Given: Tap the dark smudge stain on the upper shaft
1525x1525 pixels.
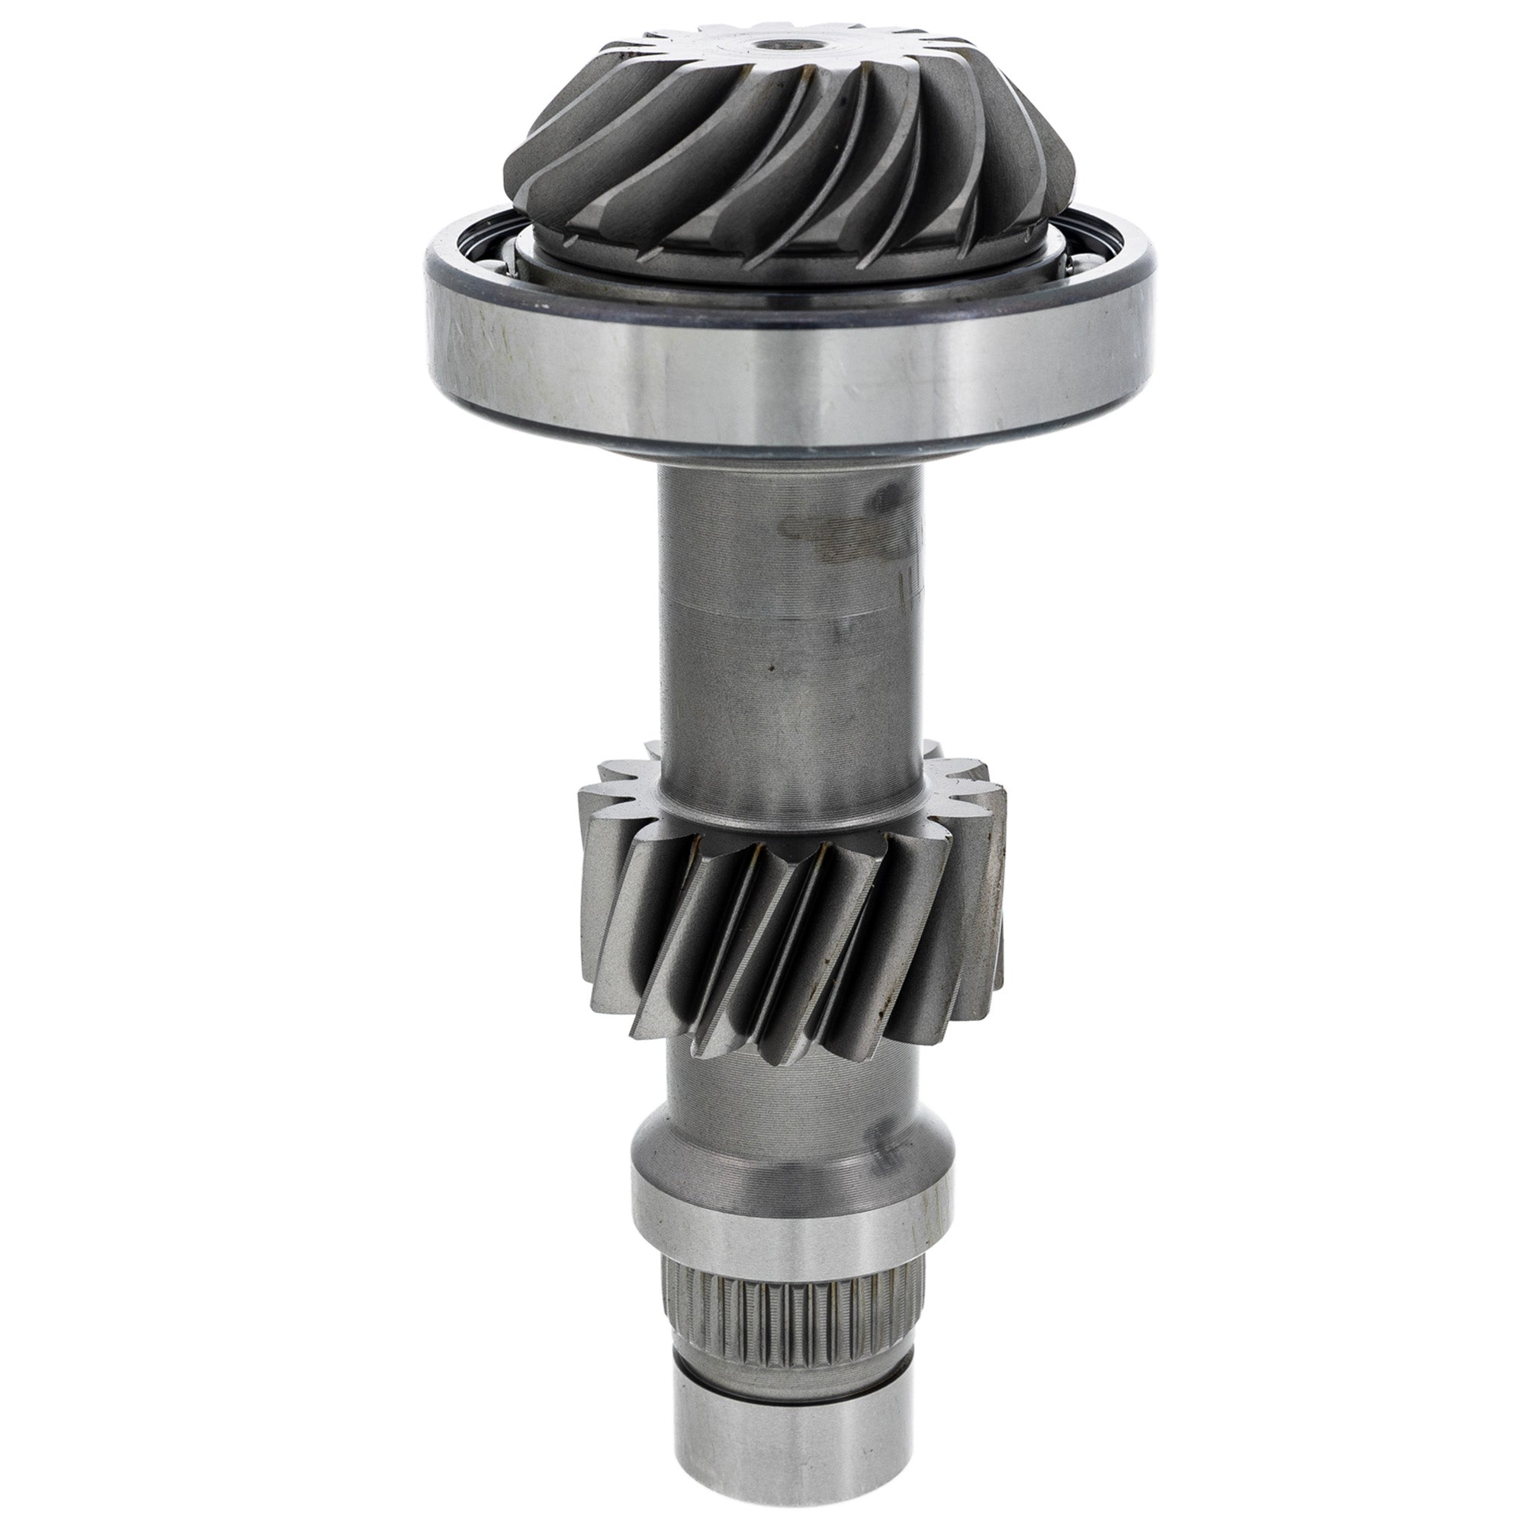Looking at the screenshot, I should point(829,537).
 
